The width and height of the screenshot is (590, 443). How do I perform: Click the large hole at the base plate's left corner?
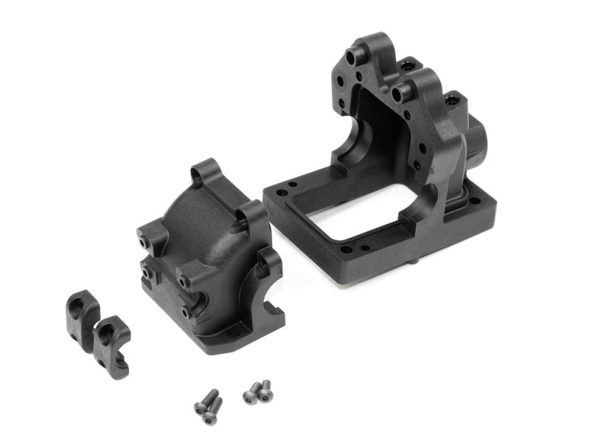293,185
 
